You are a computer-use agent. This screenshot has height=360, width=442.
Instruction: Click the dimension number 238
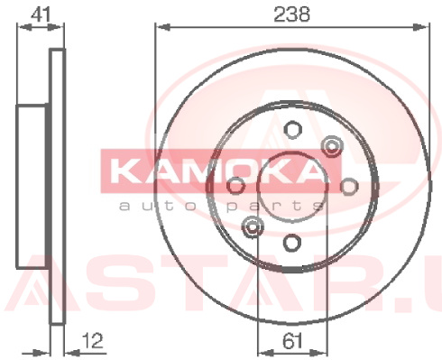[291, 14]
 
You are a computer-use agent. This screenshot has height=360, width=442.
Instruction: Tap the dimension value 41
[41, 14]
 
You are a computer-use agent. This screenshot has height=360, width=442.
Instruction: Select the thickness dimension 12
[93, 340]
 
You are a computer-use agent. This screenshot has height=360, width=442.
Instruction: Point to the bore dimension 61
[292, 341]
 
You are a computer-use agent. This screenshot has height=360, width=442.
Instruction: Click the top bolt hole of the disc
[292, 130]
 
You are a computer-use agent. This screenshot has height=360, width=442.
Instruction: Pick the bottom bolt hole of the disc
[292, 243]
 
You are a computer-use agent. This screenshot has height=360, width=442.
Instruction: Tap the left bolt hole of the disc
[235, 186]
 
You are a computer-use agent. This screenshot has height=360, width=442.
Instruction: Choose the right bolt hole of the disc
[349, 186]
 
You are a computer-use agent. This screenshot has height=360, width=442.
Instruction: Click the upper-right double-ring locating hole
[332, 146]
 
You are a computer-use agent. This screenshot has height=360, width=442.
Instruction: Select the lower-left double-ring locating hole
[253, 226]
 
